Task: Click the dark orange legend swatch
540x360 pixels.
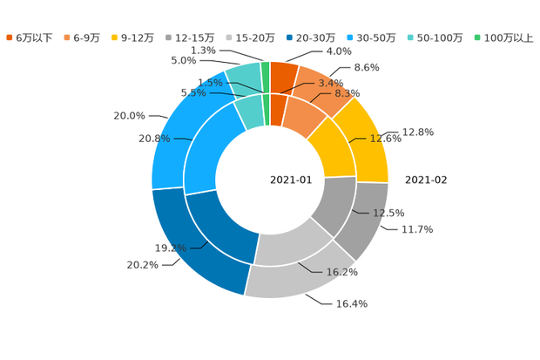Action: click(10, 37)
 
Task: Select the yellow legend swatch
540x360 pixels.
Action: click(115, 37)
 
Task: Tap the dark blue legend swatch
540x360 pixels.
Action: click(287, 37)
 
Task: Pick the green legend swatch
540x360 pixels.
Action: click(477, 37)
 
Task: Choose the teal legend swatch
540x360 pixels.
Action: click(410, 37)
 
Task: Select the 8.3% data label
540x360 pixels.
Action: click(348, 92)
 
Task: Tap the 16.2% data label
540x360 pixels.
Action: click(342, 273)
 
